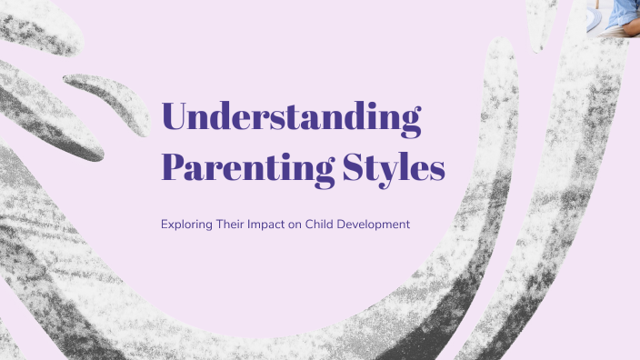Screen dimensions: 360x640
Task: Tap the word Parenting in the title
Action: [x=234, y=167]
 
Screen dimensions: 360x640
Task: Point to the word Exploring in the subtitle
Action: [x=185, y=222]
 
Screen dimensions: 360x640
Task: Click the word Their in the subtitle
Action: [x=235, y=222]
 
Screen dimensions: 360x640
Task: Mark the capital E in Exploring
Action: [x=164, y=222]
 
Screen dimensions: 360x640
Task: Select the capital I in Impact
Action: [x=260, y=222]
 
